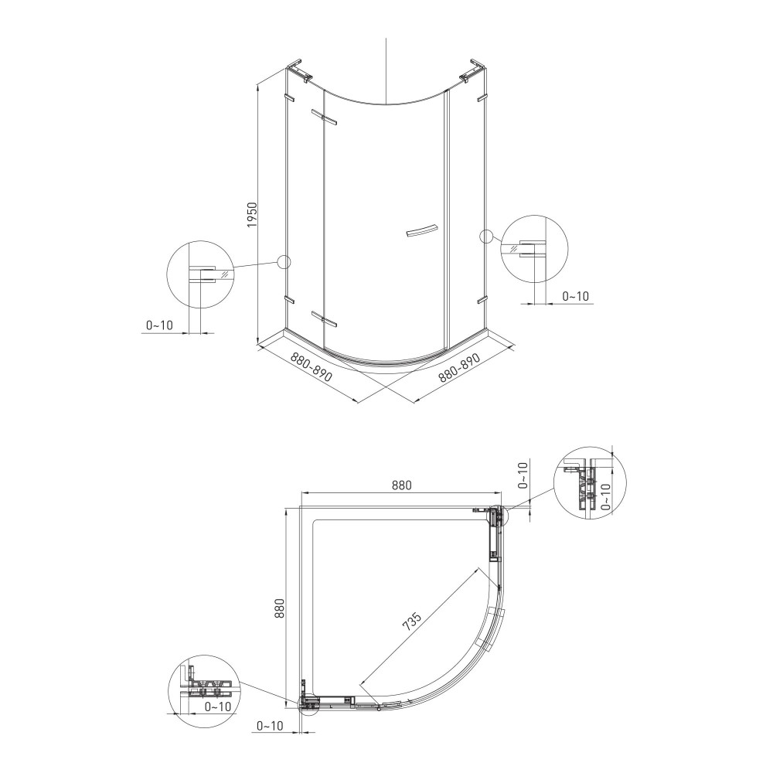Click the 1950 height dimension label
point(253,214)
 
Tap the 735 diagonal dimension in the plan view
point(412,622)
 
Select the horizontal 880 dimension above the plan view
point(402,485)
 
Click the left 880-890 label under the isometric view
point(311,367)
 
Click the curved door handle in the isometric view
point(421,232)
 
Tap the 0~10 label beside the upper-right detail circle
point(575,296)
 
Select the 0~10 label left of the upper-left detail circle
point(159,325)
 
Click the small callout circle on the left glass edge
point(285,262)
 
